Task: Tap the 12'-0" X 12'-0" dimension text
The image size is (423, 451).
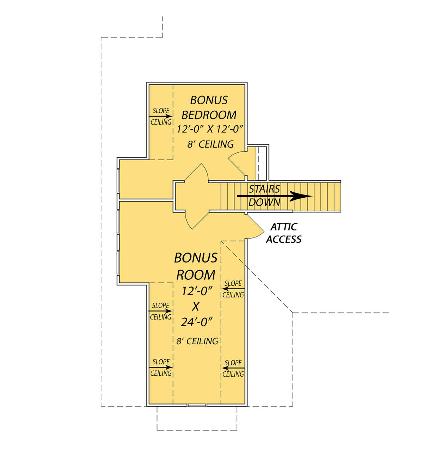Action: [210, 129]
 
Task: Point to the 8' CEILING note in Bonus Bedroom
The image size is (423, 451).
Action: [210, 144]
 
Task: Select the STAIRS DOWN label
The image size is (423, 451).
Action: [264, 196]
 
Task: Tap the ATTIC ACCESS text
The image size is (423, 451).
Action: [284, 233]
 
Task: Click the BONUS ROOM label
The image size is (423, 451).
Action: [196, 266]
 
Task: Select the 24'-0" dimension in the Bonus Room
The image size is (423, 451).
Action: [196, 322]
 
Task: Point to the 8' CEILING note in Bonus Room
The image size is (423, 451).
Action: [197, 341]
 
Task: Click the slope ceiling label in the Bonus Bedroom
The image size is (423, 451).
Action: [161, 116]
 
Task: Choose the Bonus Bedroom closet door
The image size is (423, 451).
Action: [237, 161]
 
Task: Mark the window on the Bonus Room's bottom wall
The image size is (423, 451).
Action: [197, 405]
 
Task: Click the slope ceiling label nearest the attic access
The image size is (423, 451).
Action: [233, 289]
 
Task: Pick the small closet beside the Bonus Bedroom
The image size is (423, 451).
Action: [257, 162]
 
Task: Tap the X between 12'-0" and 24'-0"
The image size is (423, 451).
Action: [196, 307]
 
